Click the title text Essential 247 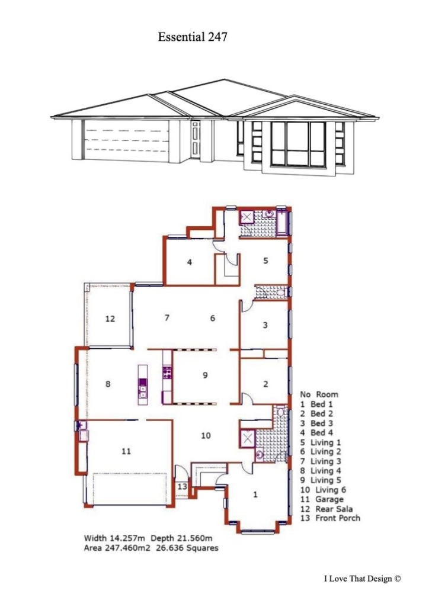tap(192, 37)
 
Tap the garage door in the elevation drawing tap(126, 140)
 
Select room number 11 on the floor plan tap(126, 451)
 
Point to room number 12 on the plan tap(110, 319)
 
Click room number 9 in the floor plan tap(205, 375)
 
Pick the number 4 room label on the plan tap(190, 262)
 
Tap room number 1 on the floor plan tap(255, 495)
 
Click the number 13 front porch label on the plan tap(182, 487)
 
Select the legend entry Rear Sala tap(334, 509)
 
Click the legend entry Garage tap(329, 499)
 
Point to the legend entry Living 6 tap(331, 490)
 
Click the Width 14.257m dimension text tap(114, 538)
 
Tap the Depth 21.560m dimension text tap(181, 538)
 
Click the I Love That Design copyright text tap(362, 579)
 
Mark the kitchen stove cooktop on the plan tap(167, 373)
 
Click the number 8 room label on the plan tap(108, 384)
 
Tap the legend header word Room tap(327, 394)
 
